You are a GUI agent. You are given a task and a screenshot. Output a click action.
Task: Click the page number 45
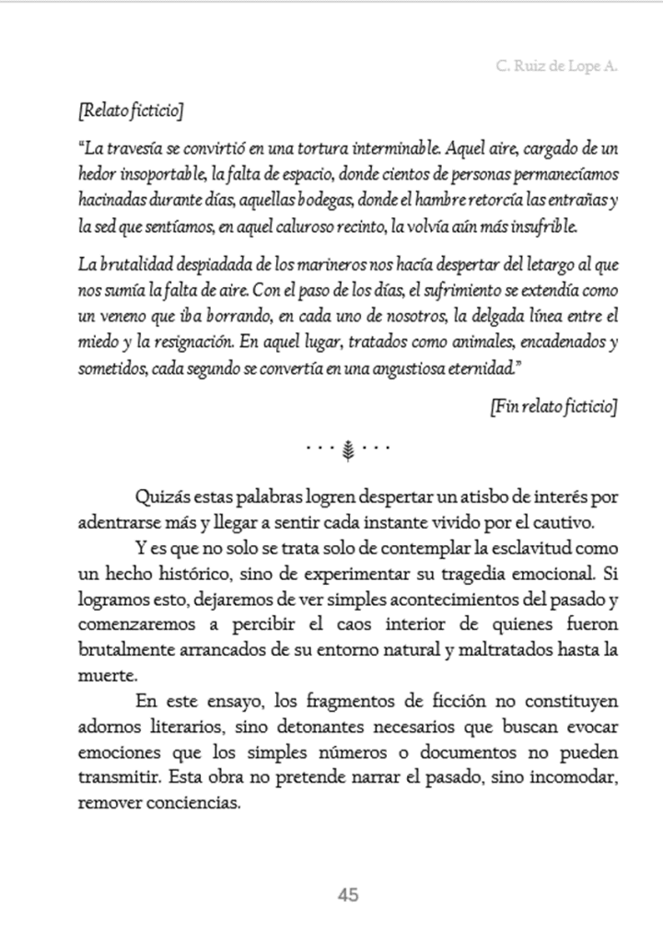pos(348,894)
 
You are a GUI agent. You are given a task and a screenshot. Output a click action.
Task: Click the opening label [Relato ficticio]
pos(131,111)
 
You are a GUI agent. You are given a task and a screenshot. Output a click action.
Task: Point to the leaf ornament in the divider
pos(349,449)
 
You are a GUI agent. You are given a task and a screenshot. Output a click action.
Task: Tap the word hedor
pos(98,173)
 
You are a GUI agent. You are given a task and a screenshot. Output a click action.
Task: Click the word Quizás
pos(161,498)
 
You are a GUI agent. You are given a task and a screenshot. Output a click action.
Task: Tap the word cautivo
pos(573,522)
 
